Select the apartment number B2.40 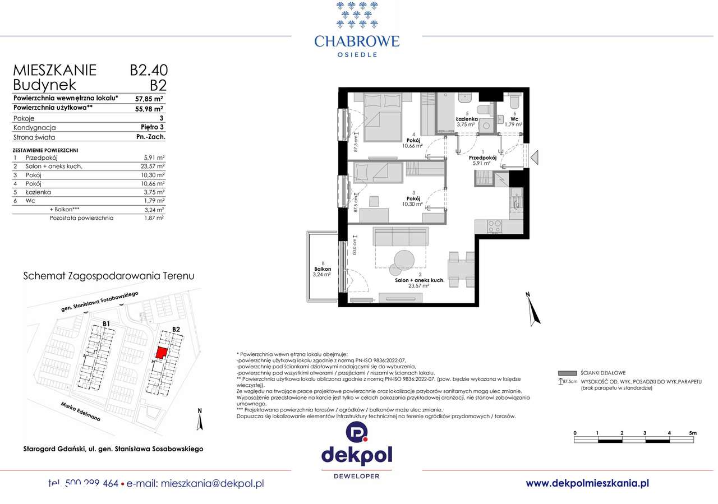coord(149,70)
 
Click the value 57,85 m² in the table coord(149,98)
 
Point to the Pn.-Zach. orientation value coord(150,137)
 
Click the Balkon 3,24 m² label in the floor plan coord(323,272)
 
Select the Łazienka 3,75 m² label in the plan coord(467,122)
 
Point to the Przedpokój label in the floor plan coord(482,159)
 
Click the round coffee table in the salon coord(404,260)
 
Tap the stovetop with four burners coord(495,226)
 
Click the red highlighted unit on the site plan coord(161,352)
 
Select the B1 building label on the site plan coord(106,324)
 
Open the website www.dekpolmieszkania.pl coord(587,483)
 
